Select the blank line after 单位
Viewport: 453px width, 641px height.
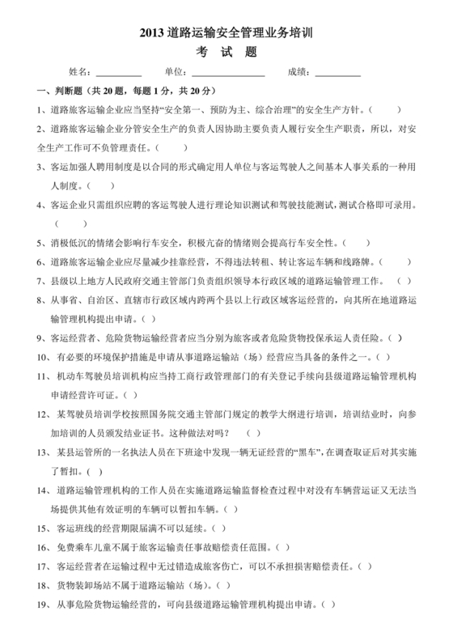coord(229,73)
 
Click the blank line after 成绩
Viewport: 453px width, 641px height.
coord(337,73)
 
